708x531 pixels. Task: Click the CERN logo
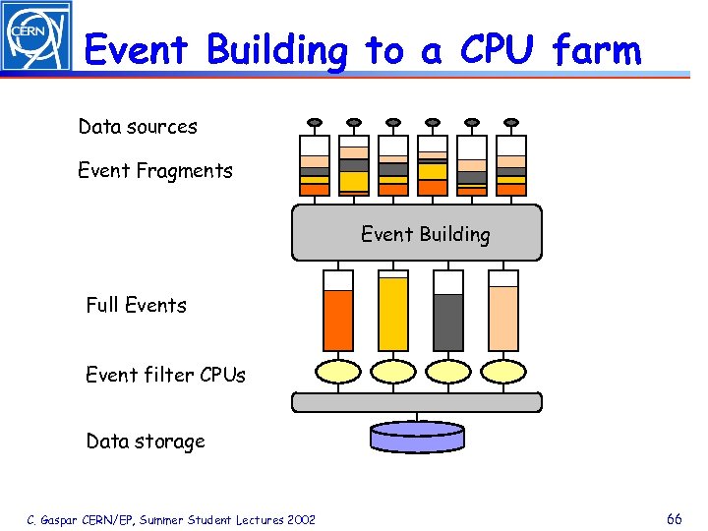36,36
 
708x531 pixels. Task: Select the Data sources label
138,127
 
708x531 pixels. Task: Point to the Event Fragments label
155,171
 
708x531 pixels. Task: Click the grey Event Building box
416,233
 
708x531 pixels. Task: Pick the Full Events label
136,305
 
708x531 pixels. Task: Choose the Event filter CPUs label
165,375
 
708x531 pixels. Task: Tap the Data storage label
146,442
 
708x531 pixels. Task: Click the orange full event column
338,317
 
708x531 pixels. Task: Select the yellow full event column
393,315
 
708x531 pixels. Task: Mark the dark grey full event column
448,320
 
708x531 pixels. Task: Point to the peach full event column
503,317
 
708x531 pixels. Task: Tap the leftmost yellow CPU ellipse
338,372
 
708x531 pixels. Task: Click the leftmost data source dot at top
315,123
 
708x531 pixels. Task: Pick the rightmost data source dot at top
511,123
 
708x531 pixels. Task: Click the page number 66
674,519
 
